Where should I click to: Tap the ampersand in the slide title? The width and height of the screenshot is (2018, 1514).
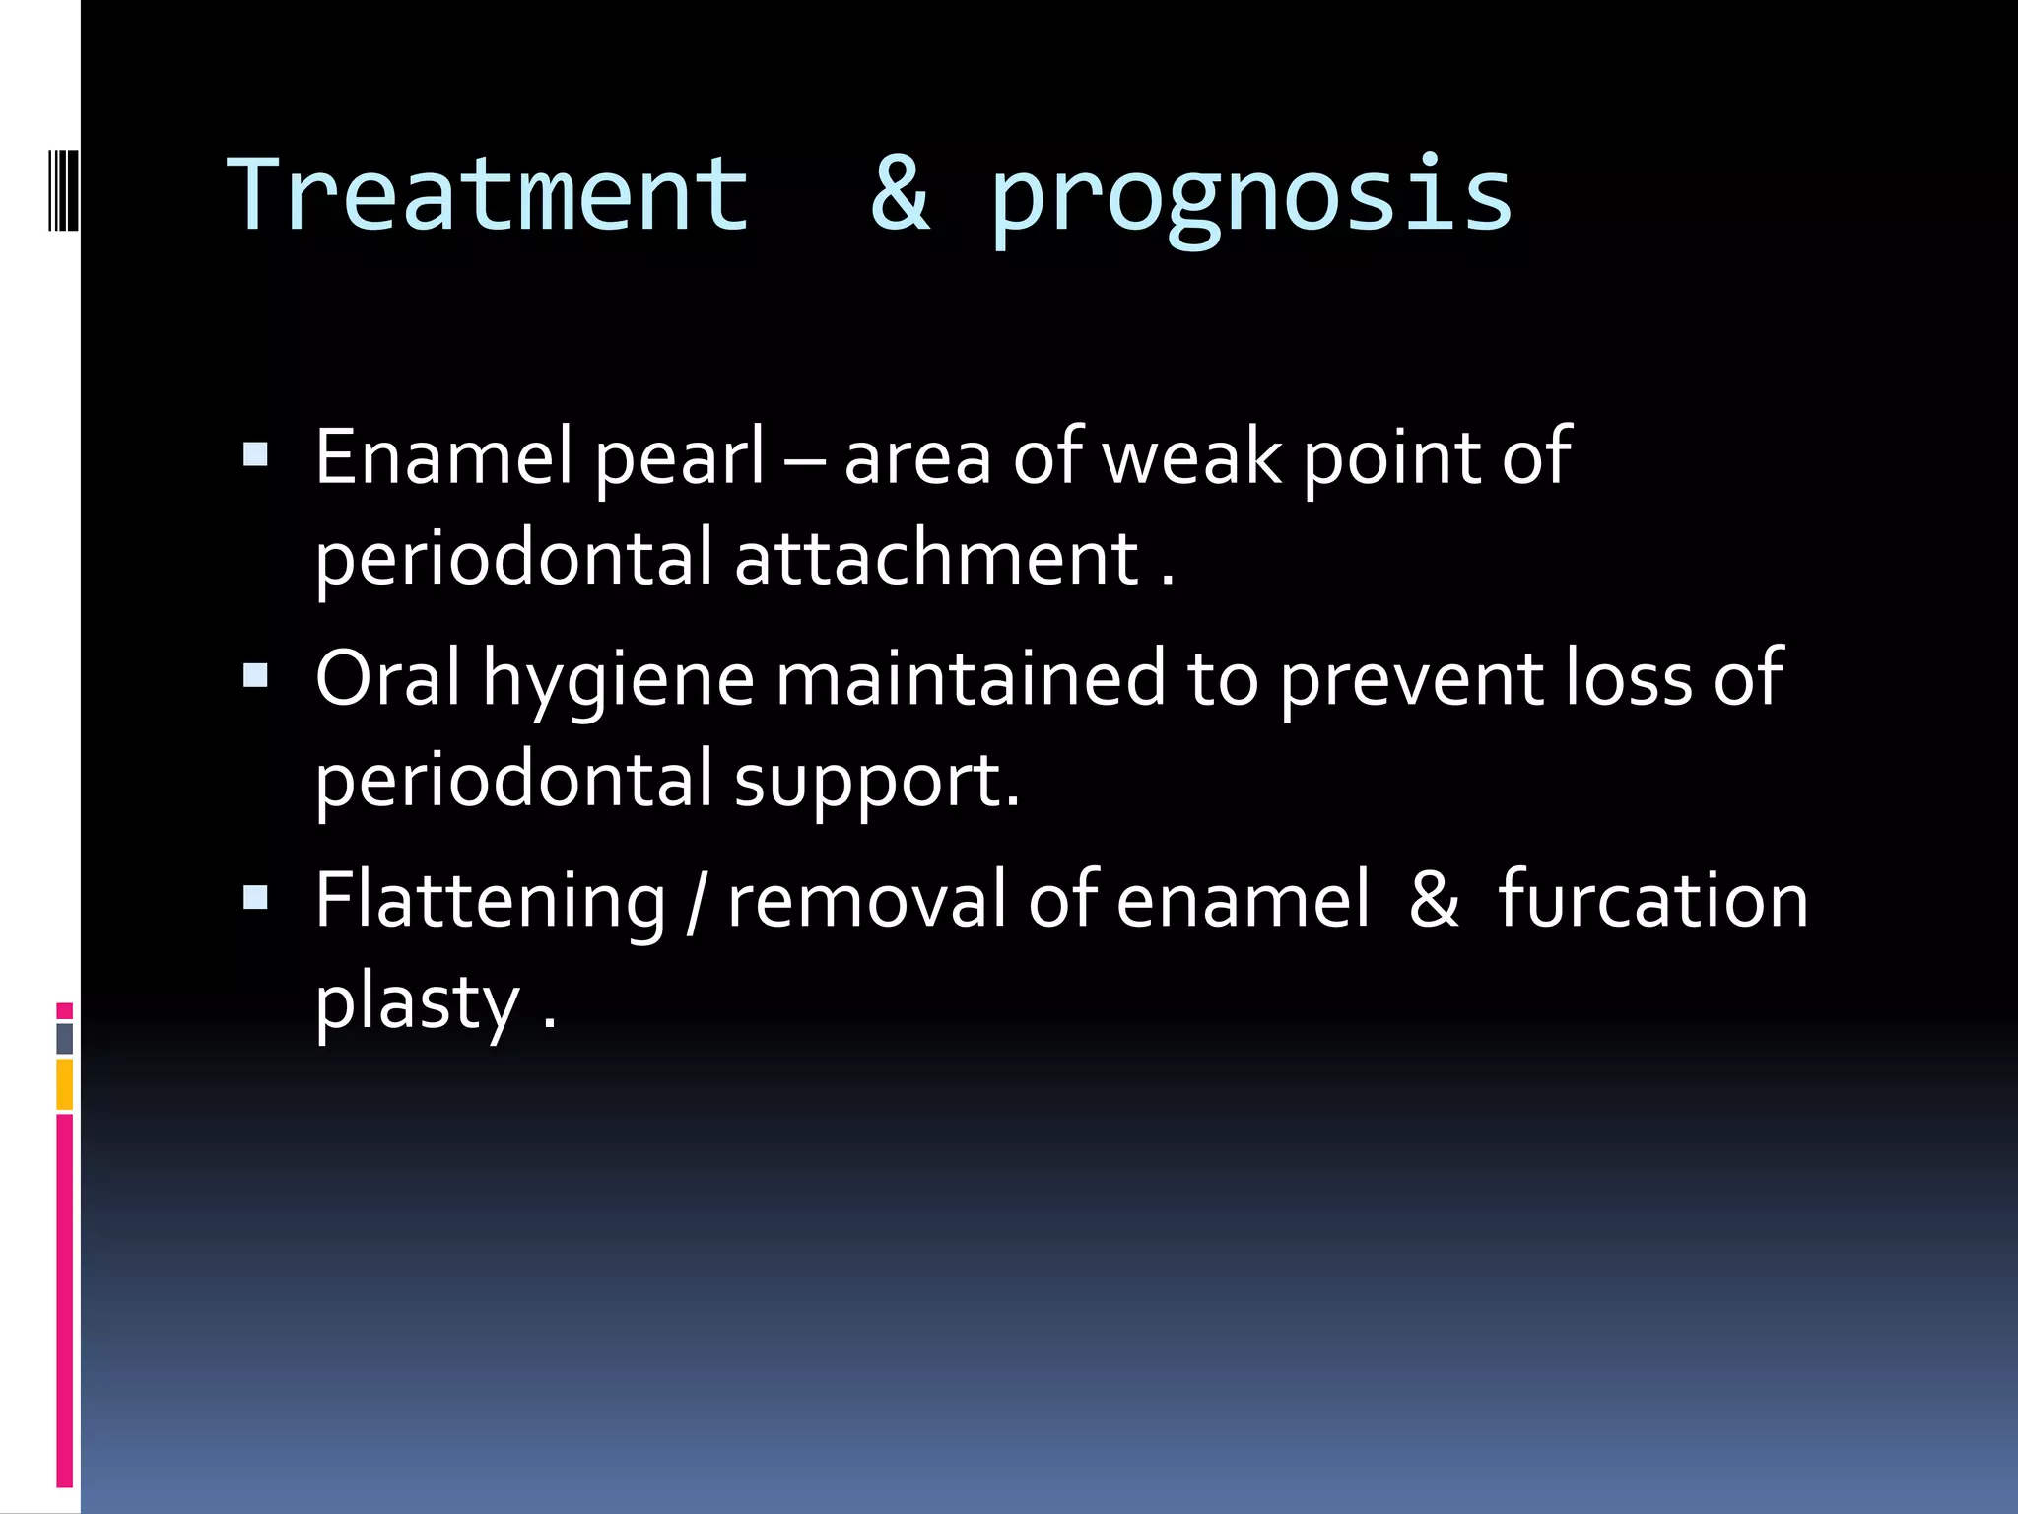tap(900, 195)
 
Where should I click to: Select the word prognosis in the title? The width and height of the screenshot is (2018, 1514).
tap(1251, 197)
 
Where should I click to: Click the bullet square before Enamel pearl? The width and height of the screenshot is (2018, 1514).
tap(255, 455)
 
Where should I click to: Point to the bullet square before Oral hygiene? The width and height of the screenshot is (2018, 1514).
tap(255, 677)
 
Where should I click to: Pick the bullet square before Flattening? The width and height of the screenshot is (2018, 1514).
tap(255, 898)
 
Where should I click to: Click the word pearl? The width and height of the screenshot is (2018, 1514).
tap(679, 460)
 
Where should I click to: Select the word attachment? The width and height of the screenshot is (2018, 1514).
tap(936, 558)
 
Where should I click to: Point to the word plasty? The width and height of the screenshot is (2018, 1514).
tap(417, 1004)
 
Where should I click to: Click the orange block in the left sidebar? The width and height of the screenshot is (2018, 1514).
tap(65, 1083)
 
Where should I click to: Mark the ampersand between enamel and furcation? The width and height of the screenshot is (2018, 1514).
tap(1433, 899)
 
